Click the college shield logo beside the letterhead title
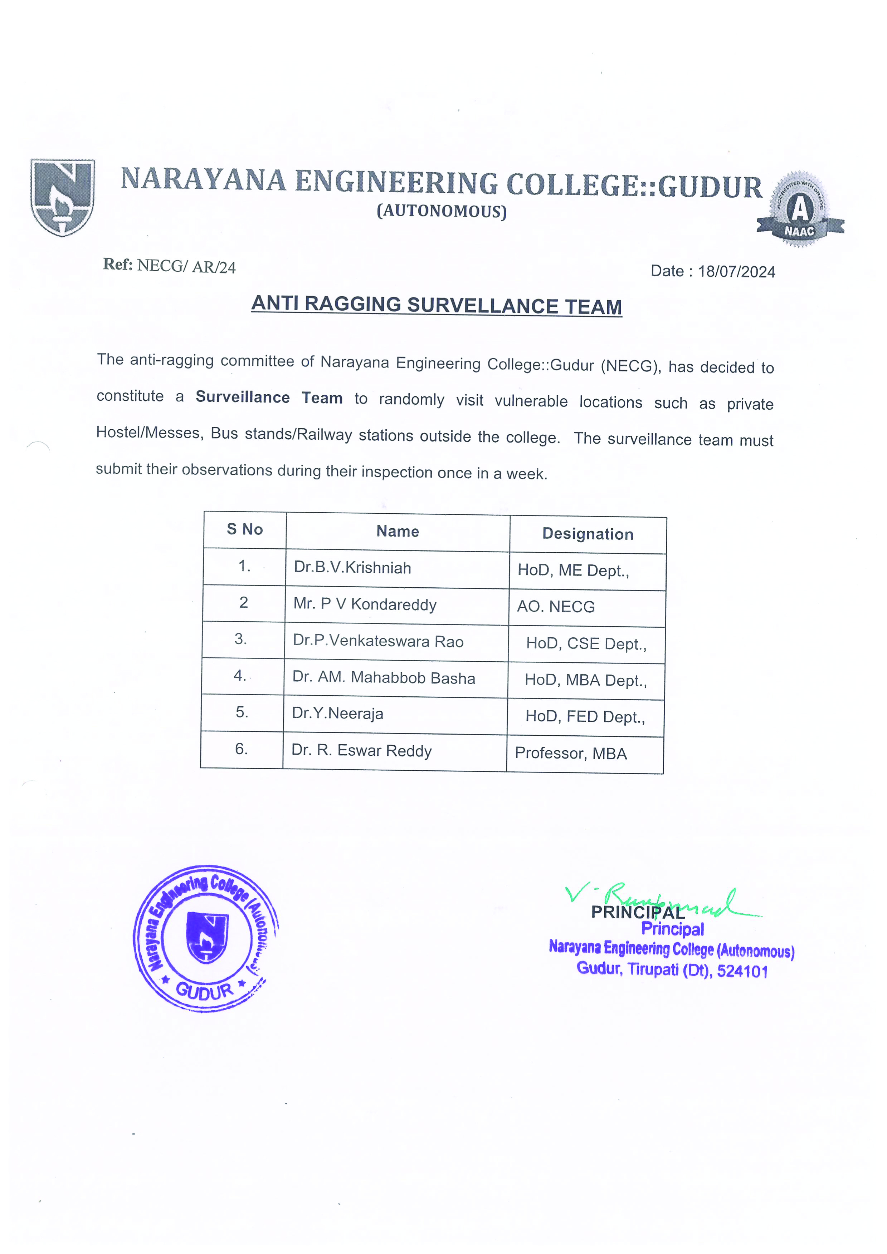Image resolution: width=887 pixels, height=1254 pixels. [x=62, y=197]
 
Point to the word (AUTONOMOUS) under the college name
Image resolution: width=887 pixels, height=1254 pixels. [x=442, y=211]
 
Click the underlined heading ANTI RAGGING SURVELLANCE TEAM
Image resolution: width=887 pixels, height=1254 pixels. [x=437, y=305]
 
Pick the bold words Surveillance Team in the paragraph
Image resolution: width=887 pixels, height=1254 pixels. [x=269, y=398]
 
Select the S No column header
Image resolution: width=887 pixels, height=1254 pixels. [x=245, y=529]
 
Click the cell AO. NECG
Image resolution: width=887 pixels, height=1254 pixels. [x=556, y=607]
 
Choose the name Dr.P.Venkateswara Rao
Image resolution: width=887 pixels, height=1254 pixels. [x=378, y=641]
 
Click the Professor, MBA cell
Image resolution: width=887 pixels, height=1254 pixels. [x=571, y=754]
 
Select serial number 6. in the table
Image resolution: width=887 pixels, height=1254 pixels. [x=242, y=749]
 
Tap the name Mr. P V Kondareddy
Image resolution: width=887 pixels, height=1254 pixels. [x=365, y=604]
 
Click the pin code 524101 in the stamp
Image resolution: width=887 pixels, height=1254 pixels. [x=742, y=972]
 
